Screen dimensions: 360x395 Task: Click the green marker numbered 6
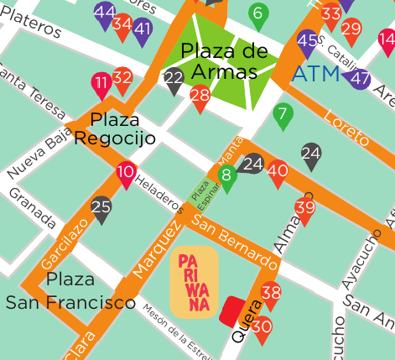coord(257,13)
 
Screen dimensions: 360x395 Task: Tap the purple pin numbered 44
coord(105,14)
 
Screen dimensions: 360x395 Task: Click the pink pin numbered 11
coord(101,84)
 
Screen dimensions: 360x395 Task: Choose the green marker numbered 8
coord(226,176)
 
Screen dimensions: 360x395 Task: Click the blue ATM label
coord(315,75)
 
